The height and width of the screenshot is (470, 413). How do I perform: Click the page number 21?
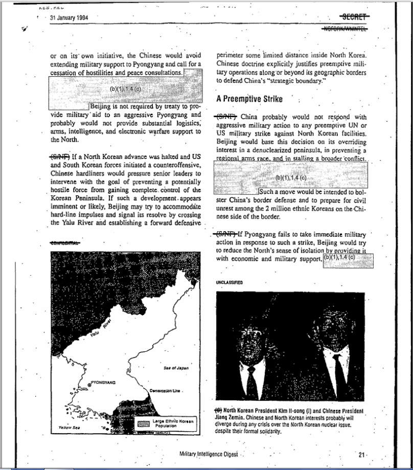(x=362, y=454)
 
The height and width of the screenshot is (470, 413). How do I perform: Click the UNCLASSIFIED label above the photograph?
(x=229, y=282)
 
